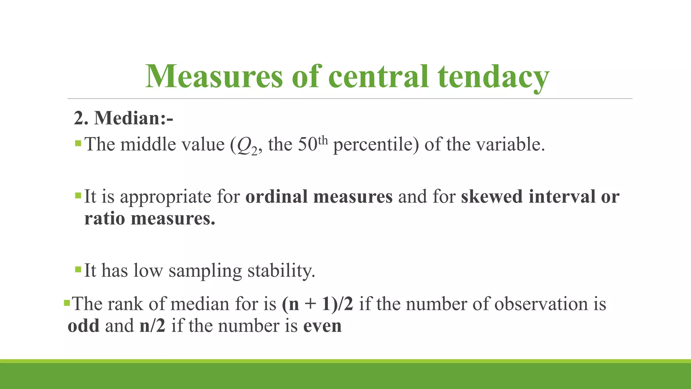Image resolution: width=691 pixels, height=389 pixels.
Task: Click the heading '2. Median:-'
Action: pos(123,118)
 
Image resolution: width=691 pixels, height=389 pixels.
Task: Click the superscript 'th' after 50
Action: pos(323,140)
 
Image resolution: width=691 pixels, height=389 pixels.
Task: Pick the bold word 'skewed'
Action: pos(492,197)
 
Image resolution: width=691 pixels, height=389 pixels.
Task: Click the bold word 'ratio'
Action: pos(105,218)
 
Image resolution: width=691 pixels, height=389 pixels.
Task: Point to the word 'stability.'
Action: pos(281,271)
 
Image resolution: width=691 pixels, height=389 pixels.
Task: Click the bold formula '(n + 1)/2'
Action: pos(317,304)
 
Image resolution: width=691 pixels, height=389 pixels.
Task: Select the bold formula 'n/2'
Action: pos(153,326)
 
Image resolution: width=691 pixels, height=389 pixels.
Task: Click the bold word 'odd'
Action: pos(84,326)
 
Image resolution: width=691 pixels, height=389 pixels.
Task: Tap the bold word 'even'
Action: pos(323,326)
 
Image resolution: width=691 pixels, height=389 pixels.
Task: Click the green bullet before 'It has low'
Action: pos(78,269)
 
